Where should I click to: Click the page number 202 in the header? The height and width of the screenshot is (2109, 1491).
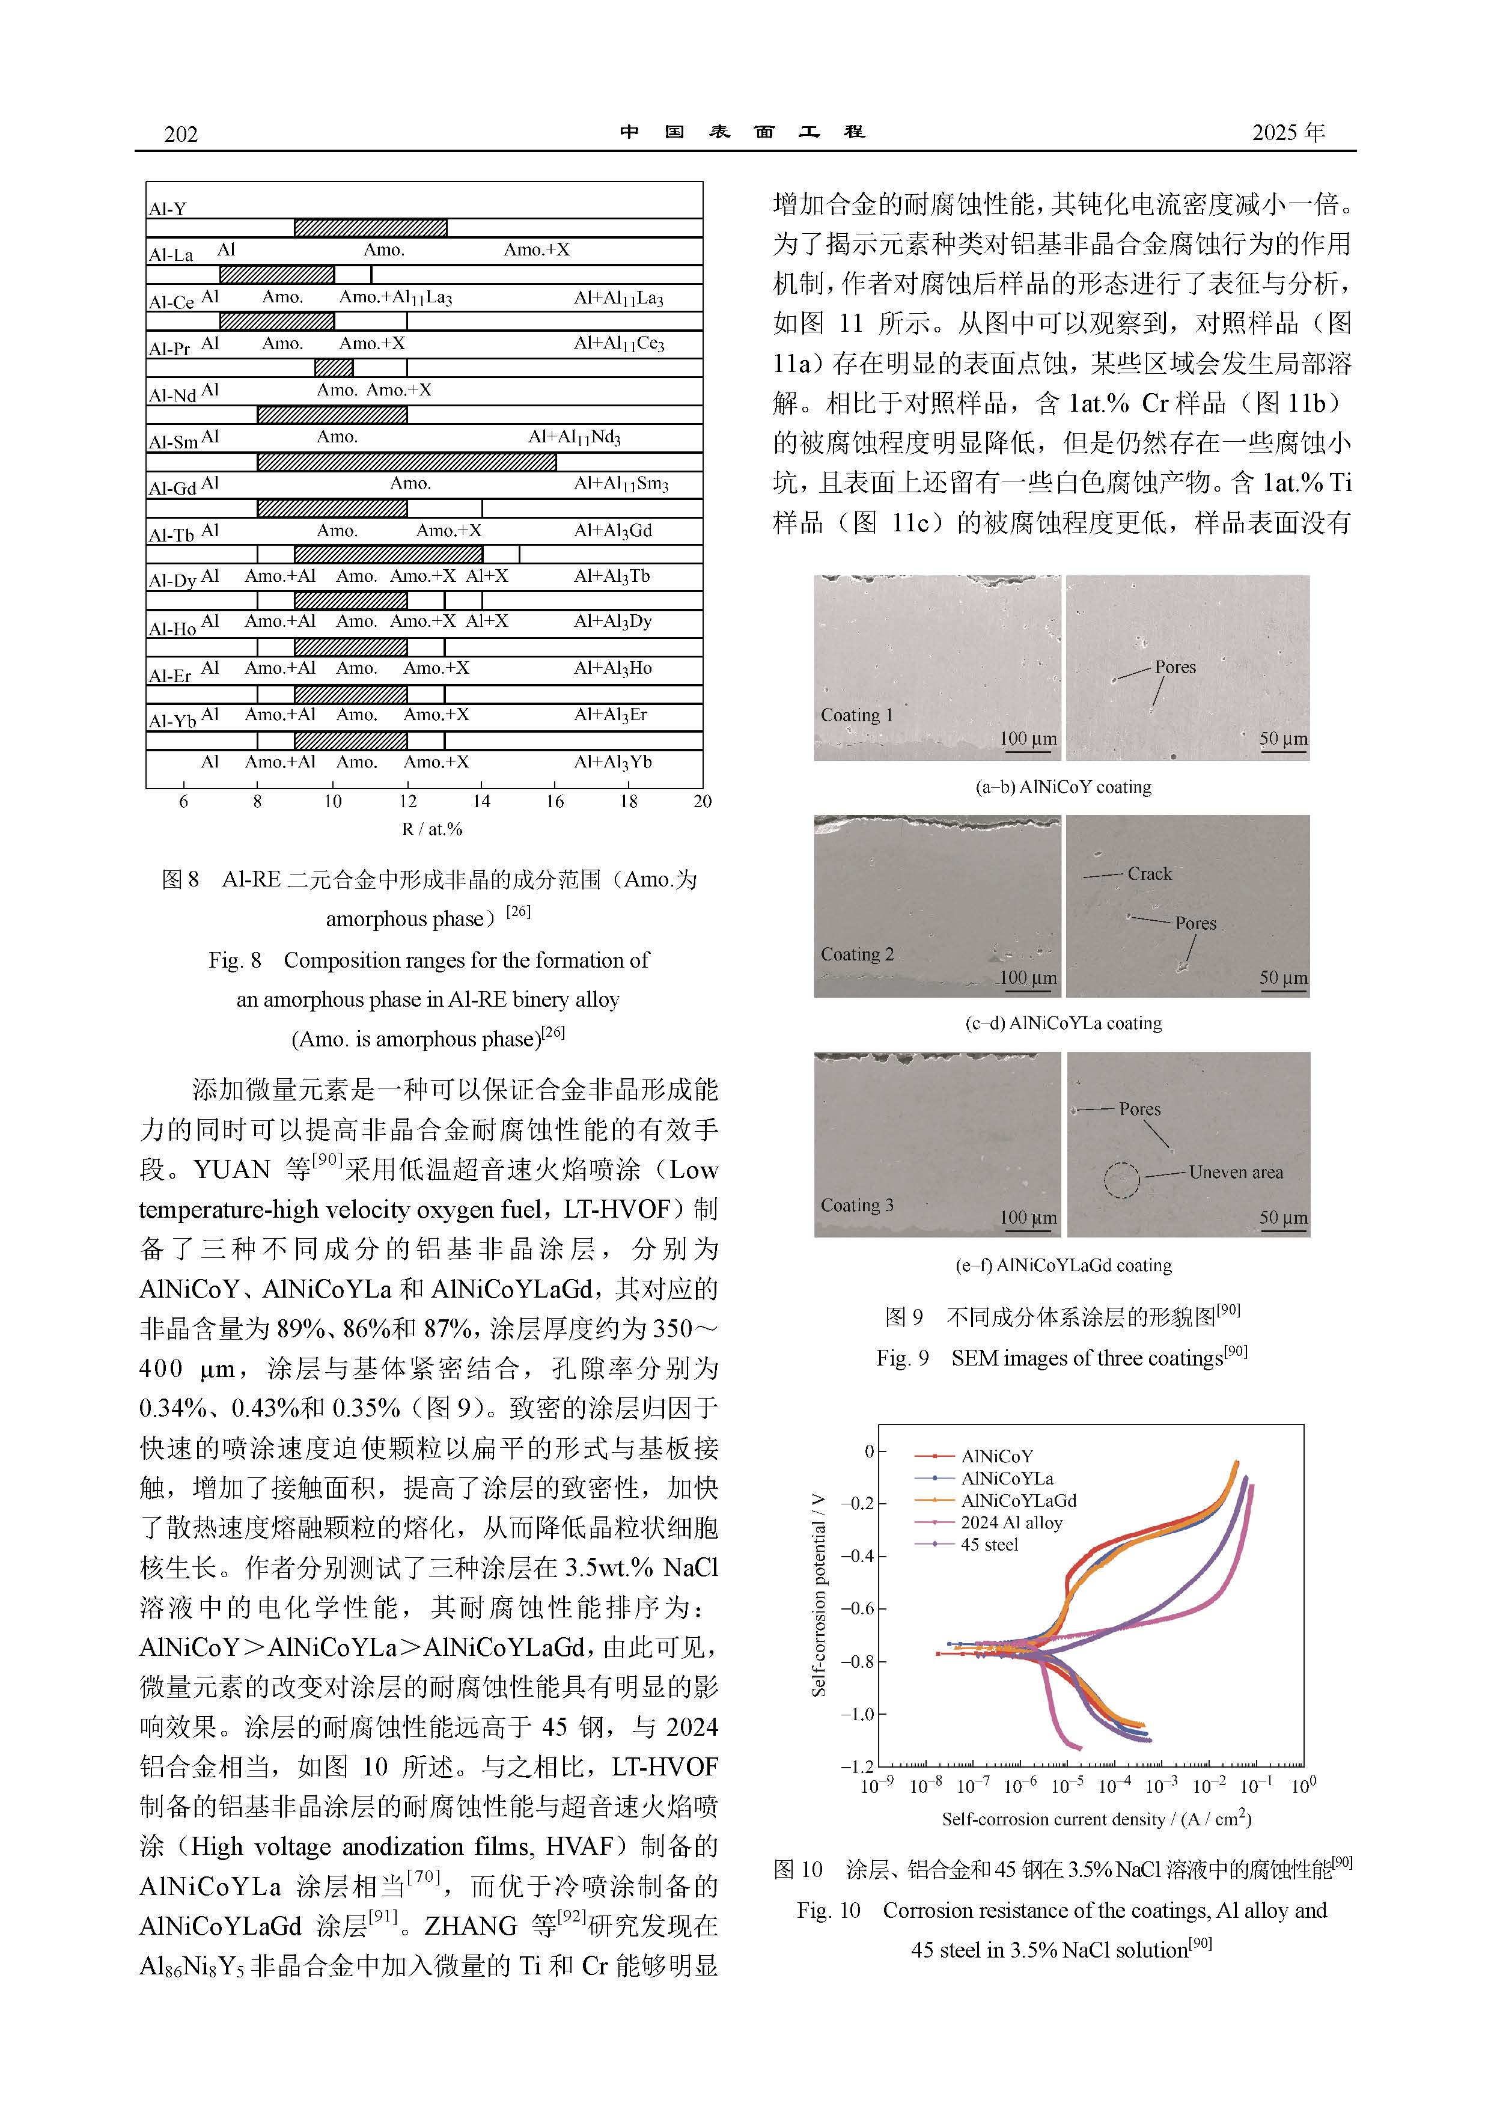[181, 134]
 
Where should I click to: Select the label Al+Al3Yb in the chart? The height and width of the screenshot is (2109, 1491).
[613, 761]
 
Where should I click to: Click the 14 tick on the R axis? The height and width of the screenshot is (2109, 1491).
[481, 801]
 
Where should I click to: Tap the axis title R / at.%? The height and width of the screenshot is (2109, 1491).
[431, 829]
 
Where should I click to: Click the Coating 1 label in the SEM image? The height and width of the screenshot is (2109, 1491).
[856, 715]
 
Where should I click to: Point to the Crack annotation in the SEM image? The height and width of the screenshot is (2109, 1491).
[1149, 873]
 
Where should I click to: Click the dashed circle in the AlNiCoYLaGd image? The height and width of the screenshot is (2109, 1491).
[1121, 1180]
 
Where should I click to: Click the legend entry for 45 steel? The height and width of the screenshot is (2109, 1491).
[989, 1544]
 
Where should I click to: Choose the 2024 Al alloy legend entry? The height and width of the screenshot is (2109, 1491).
[1011, 1522]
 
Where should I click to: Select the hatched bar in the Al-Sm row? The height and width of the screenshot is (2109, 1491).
[406, 461]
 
